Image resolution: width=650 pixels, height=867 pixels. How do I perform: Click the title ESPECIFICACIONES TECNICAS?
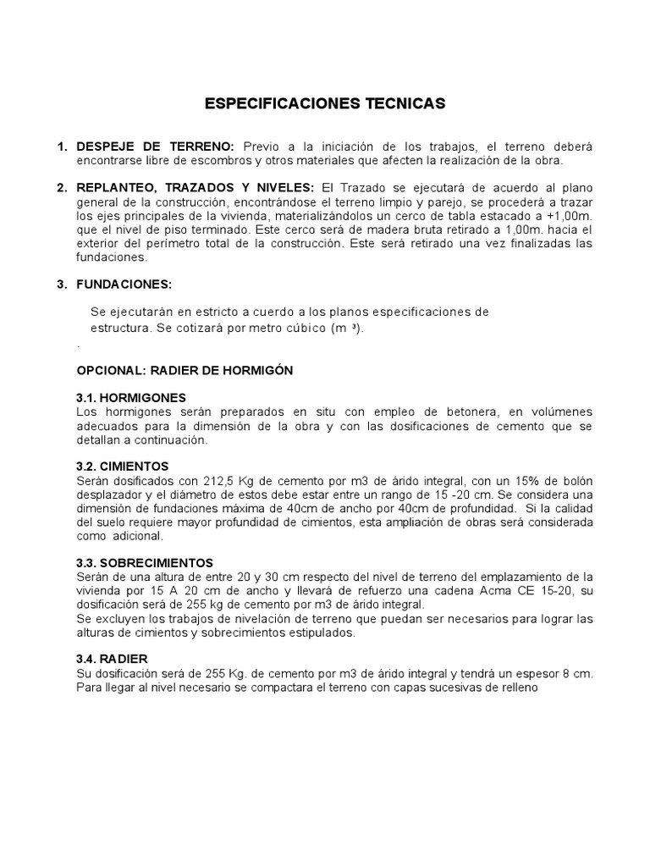tap(325, 103)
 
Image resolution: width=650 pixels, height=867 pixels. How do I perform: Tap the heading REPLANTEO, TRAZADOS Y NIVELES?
tap(195, 186)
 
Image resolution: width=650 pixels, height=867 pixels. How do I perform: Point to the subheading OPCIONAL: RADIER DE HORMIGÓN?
tap(185, 371)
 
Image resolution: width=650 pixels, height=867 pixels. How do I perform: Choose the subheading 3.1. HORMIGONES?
tap(131, 397)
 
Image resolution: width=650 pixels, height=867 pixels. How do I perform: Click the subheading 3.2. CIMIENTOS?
tap(123, 466)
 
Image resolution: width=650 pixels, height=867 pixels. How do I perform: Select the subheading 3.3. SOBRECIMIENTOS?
tap(145, 562)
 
